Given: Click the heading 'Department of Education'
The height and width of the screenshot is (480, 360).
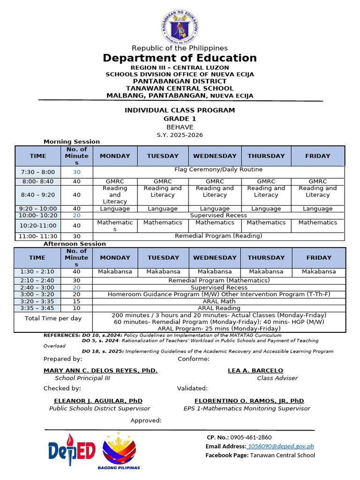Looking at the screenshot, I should coord(180,58).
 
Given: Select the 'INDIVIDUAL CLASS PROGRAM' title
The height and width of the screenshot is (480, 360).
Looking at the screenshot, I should coord(180,110).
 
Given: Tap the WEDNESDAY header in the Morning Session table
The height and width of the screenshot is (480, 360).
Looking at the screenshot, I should coord(215,156).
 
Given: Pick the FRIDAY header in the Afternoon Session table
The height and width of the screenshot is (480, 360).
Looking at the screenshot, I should coord(319,258).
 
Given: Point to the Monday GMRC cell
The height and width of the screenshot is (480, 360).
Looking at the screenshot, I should coord(115,181).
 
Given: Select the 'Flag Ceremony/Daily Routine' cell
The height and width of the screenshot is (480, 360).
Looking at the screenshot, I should coord(218,170).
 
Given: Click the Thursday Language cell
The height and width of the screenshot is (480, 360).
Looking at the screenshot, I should coord(266,209).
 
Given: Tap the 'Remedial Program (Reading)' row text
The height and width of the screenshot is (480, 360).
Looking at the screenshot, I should coord(218,236).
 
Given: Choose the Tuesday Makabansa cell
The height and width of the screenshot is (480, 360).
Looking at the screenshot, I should coord(163,271).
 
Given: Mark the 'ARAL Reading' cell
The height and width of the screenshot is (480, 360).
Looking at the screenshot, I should coord(219,308).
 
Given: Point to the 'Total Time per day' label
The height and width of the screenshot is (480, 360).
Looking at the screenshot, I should coord(53,318).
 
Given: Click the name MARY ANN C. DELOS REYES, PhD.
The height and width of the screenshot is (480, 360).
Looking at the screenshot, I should coord(100,370).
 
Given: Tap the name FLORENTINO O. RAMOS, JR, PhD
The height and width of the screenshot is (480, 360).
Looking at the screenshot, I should coord(249,401).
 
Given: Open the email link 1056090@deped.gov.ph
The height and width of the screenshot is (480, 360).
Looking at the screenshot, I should coord(281,446).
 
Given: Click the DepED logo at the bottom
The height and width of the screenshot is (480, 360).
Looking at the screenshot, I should coord(71,450).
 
